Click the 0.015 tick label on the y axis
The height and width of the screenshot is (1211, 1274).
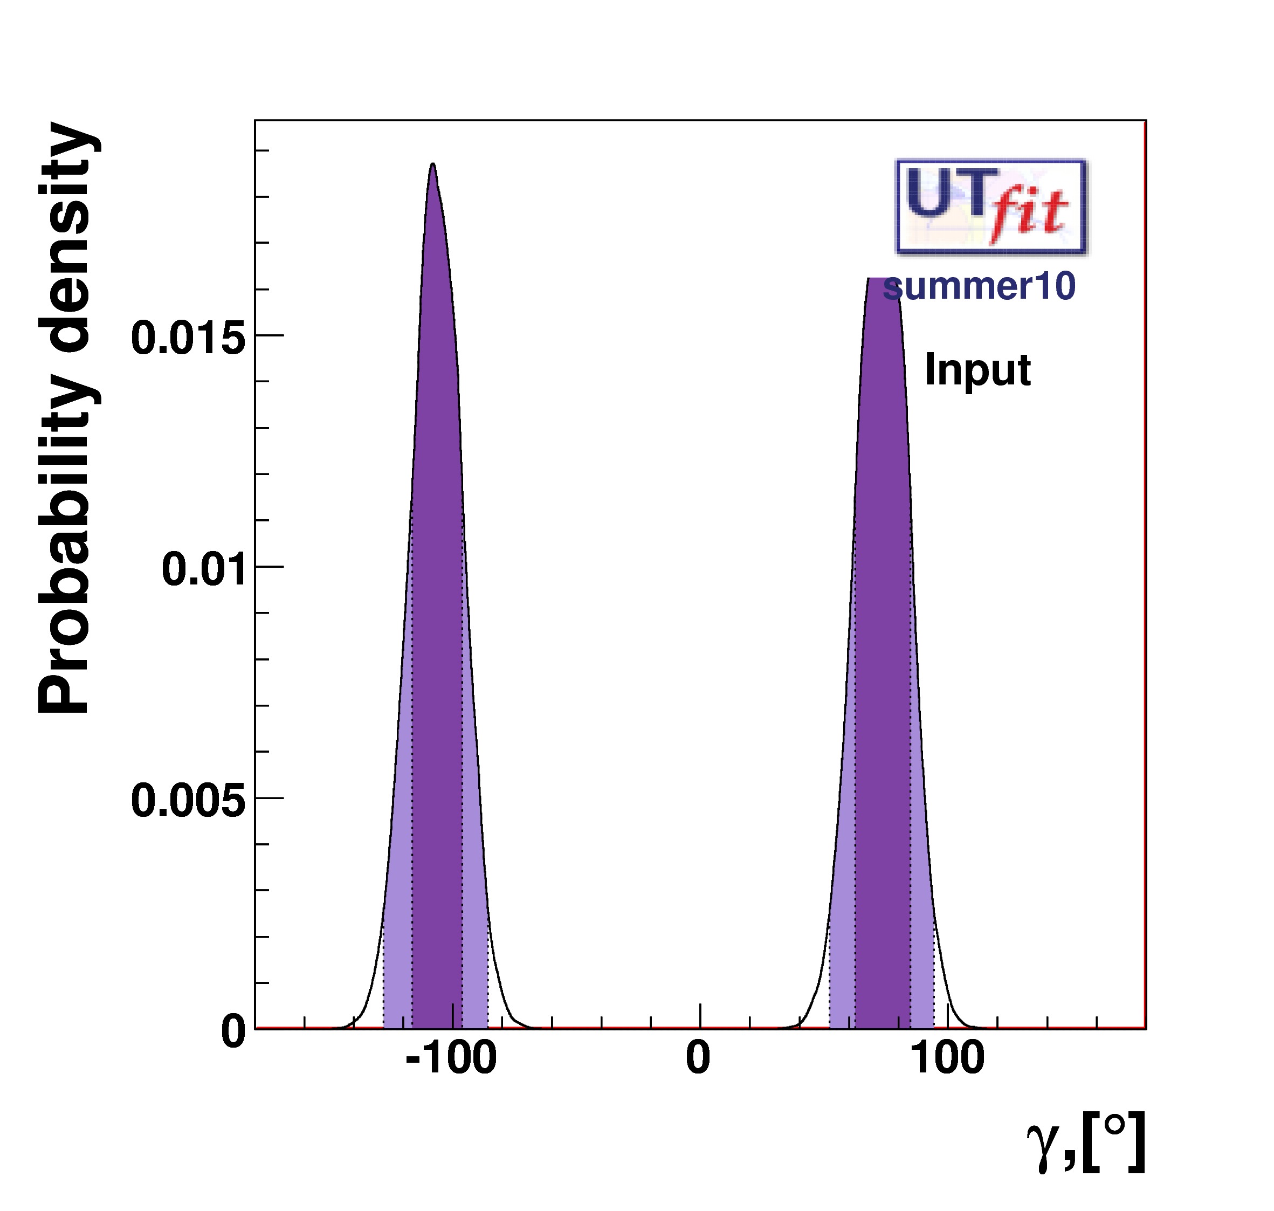pos(189,338)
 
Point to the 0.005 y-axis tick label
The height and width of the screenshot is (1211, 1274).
pos(189,801)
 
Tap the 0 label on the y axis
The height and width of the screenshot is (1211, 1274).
pos(233,1031)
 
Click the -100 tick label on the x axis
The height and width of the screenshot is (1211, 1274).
pos(451,1076)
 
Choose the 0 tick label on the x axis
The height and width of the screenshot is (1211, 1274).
pos(698,1076)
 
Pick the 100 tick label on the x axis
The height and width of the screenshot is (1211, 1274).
pos(947,1076)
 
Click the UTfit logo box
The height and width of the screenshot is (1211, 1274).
pos(990,206)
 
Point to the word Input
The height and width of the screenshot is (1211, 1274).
pos(977,370)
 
